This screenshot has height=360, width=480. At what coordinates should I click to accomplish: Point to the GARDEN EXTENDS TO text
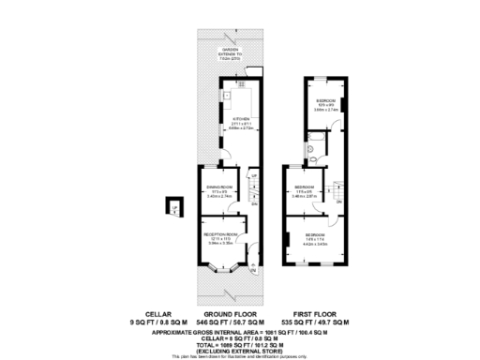tap(230, 52)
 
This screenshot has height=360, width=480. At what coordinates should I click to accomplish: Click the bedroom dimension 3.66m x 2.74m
tap(325, 110)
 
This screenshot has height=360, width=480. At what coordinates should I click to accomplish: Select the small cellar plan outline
tap(169, 206)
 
